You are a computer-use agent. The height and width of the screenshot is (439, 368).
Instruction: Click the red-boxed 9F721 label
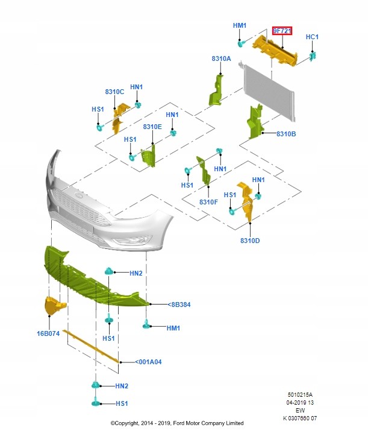pyautogui.click(x=282, y=31)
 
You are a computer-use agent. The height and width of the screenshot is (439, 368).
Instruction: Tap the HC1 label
pyautogui.click(x=312, y=37)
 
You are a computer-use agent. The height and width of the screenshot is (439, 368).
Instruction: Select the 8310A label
pyautogui.click(x=221, y=58)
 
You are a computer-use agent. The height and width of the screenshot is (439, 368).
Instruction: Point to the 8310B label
pyautogui.click(x=286, y=134)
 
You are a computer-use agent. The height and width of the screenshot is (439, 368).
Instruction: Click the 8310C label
pyautogui.click(x=114, y=92)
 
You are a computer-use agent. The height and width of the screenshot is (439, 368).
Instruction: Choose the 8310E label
pyautogui.click(x=152, y=127)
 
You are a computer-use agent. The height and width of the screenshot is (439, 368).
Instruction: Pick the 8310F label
pyautogui.click(x=208, y=202)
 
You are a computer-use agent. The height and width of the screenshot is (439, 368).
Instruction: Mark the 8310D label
pyautogui.click(x=250, y=241)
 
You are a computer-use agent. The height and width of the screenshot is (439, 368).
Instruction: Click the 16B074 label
pyautogui.click(x=48, y=333)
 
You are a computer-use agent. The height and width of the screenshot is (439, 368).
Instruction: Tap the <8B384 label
pyautogui.click(x=179, y=305)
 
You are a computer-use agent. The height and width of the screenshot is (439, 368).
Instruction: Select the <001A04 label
pyautogui.click(x=148, y=362)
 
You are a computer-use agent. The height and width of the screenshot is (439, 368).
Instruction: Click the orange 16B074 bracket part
pyautogui.click(x=55, y=306)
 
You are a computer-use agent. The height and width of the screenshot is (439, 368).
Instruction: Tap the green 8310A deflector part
pyautogui.click(x=216, y=90)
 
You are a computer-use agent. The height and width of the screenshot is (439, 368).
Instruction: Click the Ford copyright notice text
pyautogui.click(x=177, y=423)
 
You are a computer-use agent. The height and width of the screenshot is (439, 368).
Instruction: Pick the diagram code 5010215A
pyautogui.click(x=300, y=395)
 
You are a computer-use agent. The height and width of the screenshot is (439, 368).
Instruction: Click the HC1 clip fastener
pyautogui.click(x=313, y=56)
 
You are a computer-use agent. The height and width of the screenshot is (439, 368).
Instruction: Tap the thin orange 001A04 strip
pyautogui.click(x=91, y=346)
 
